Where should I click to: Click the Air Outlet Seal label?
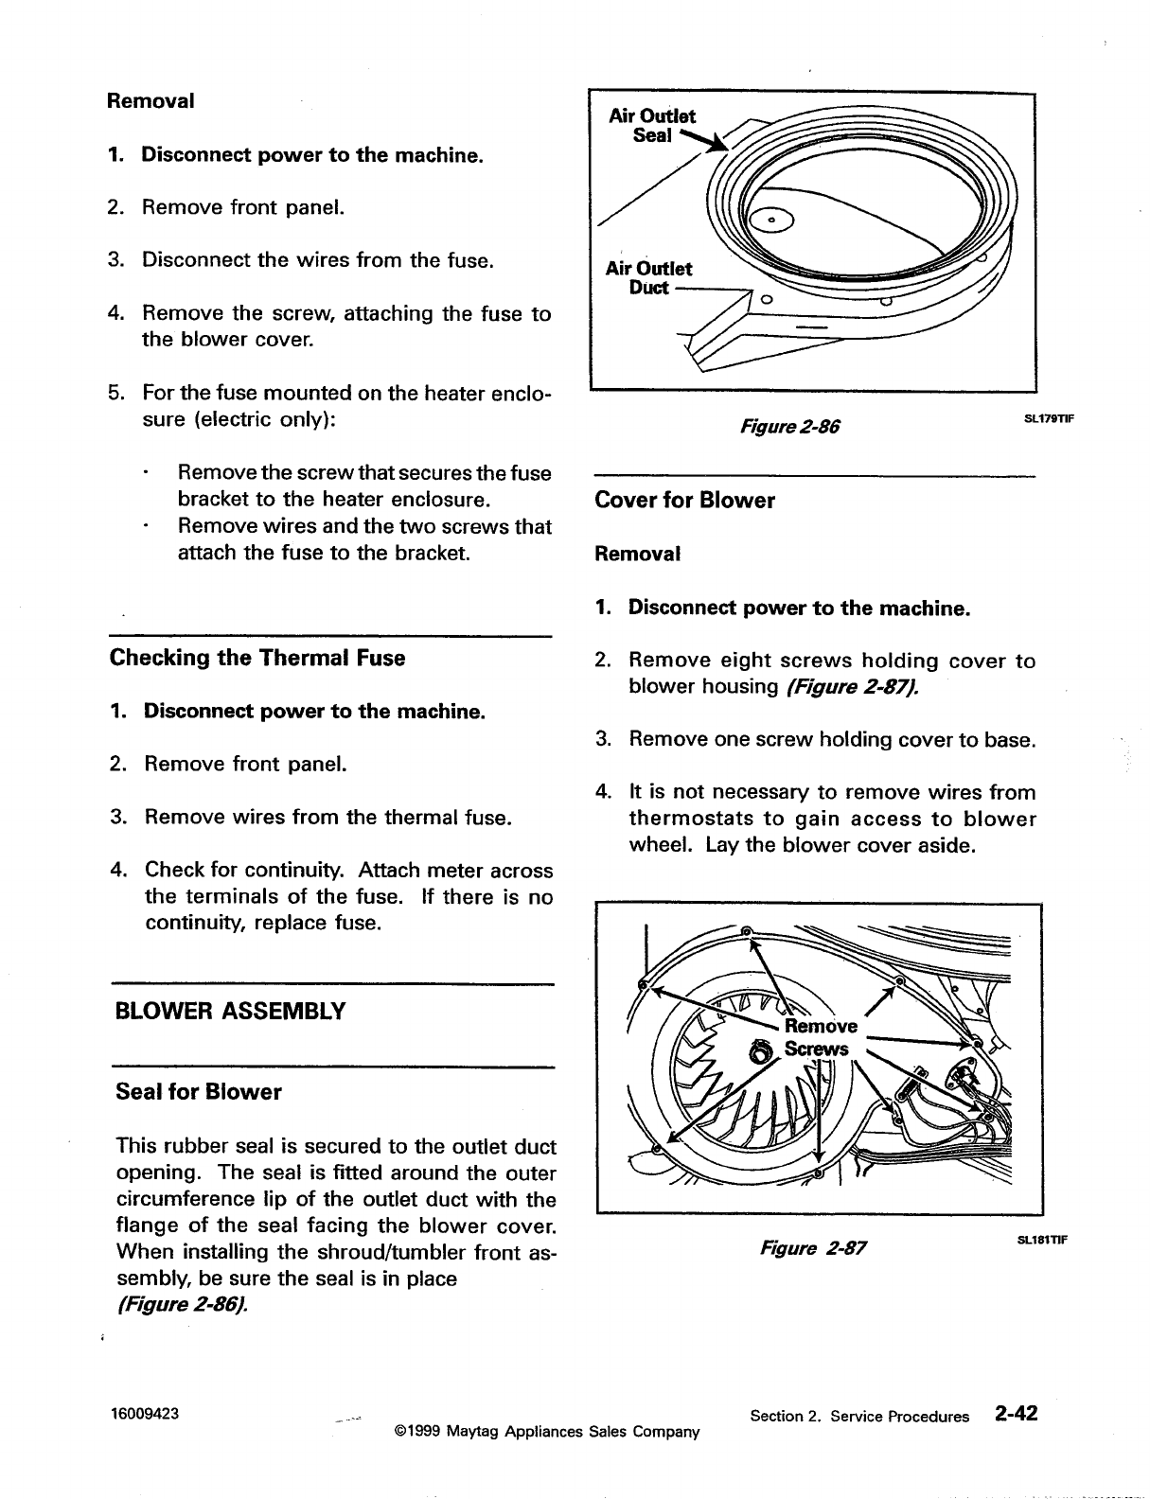point(652,126)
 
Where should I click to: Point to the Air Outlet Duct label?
point(648,277)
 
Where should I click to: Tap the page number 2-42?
point(1016,1414)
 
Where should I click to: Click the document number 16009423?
point(146,1415)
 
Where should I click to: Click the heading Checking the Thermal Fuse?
point(257,658)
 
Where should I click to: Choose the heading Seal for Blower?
point(198,1092)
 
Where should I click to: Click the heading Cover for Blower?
point(684,501)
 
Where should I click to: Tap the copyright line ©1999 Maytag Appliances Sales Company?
point(546,1432)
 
